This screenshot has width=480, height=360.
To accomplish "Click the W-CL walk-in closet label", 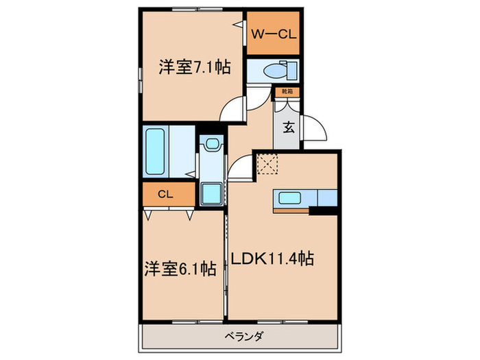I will pos(272,34).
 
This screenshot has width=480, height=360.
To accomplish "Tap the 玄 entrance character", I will pos(289,126).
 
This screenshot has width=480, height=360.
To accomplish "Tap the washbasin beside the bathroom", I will pos(211,145).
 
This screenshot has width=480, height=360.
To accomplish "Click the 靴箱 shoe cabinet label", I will pos(287,91).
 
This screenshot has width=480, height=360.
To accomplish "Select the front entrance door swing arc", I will pos(315,128).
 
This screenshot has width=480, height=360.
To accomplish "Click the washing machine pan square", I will pos(212,192).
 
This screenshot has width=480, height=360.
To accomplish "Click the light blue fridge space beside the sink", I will pos(328,197).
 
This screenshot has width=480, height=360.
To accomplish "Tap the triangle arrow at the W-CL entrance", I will pos(238,25).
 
